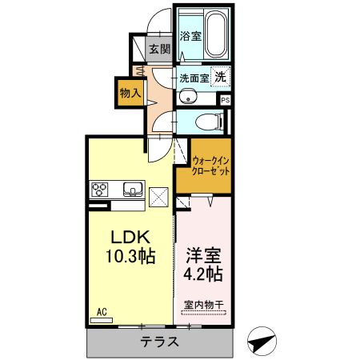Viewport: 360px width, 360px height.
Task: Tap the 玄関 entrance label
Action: pos(159,49)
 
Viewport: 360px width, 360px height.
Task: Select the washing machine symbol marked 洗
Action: pos(220,77)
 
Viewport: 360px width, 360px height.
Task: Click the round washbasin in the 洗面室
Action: pos(188,97)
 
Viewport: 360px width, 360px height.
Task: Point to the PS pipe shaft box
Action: pos(226,100)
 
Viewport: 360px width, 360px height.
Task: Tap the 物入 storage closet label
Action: pos(130,93)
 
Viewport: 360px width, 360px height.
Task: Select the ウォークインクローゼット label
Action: pos(210,166)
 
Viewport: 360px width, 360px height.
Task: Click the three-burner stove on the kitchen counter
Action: pos(100,189)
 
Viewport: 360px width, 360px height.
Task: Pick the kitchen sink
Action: pos(133,189)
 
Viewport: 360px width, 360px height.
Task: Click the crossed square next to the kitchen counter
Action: pos(158,197)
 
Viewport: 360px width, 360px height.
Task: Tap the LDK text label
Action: pos(130,237)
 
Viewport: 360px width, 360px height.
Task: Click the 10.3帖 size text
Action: pos(130,256)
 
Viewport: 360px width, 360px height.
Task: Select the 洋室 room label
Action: pos(203,255)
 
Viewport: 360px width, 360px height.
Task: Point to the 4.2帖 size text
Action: pos(203,274)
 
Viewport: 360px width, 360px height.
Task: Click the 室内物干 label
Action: pos(204,305)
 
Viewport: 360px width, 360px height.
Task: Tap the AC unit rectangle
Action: pos(102,320)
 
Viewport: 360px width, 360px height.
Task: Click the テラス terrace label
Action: pos(159,342)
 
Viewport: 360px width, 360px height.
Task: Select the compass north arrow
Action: pos(262,342)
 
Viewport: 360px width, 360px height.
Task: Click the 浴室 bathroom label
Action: pos(190,36)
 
